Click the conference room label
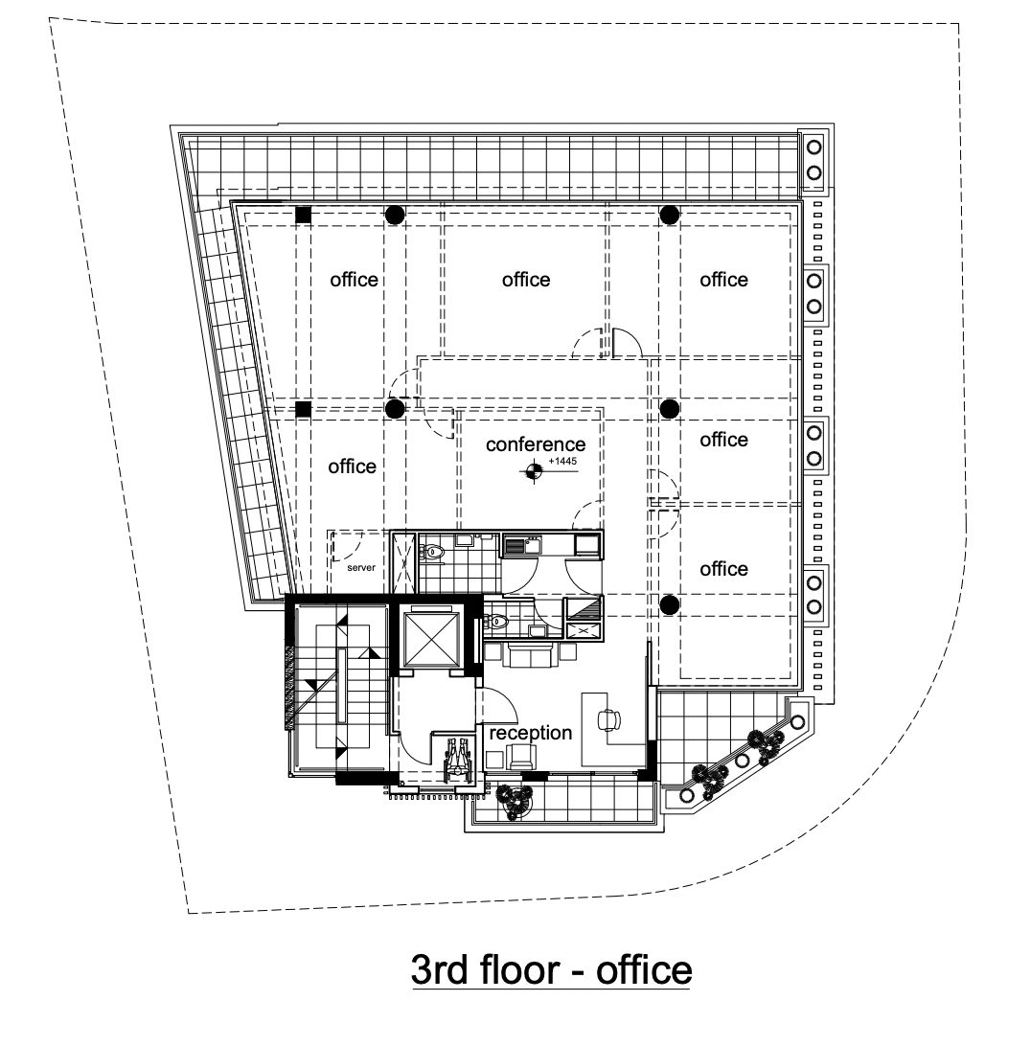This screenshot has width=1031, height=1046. click(536, 444)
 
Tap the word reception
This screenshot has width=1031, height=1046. click(531, 733)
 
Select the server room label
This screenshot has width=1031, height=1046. click(361, 568)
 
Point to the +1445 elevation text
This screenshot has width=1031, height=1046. click(562, 461)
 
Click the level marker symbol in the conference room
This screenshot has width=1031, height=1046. click(533, 471)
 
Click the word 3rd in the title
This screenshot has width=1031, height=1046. click(439, 970)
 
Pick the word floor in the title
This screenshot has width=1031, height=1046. click(519, 969)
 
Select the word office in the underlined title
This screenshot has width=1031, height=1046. click(643, 970)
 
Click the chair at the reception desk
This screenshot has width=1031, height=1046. click(607, 719)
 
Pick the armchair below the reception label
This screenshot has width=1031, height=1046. click(520, 757)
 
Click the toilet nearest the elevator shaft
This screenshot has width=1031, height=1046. click(495, 621)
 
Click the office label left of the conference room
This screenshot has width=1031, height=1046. click(352, 466)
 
